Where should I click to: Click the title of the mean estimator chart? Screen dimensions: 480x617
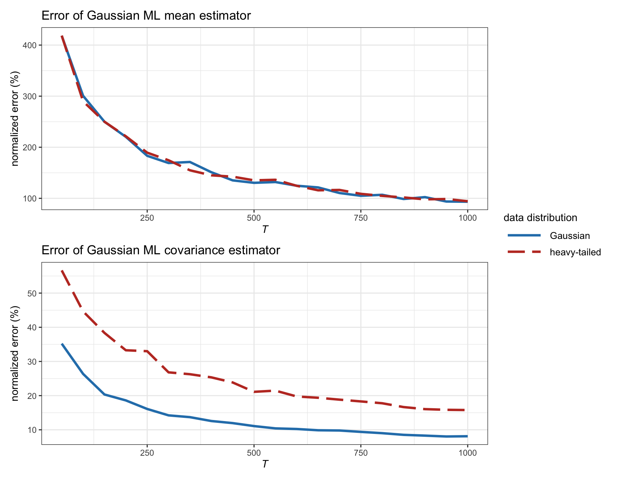[x=146, y=16]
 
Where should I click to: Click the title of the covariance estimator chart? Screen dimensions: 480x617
[x=161, y=250]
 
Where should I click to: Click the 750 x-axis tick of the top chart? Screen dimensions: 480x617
[x=361, y=218]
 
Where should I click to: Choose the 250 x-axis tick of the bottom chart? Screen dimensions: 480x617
[x=147, y=453]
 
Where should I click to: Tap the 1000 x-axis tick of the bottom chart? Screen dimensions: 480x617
[x=467, y=453]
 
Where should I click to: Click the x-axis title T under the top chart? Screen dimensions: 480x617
[x=265, y=229]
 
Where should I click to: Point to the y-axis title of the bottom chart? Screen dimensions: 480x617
[x=15, y=354]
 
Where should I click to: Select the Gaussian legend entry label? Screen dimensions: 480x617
[x=570, y=236]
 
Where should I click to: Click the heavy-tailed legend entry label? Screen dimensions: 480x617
[x=575, y=252]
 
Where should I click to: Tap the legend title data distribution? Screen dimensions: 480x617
[x=540, y=217]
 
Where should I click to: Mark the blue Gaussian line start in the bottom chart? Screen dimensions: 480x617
[x=62, y=344]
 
